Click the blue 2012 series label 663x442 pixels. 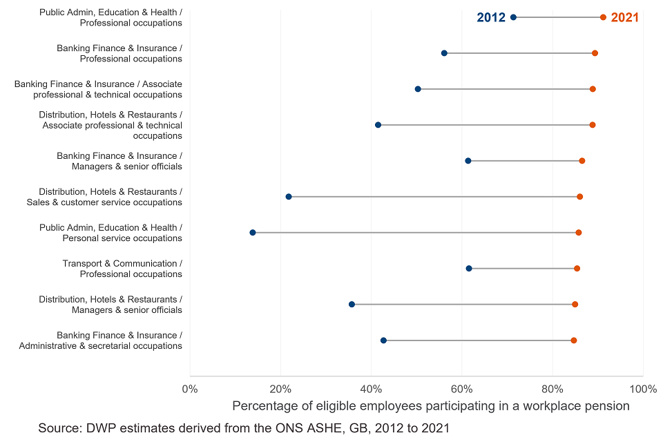(491, 17)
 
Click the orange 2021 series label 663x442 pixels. (625, 17)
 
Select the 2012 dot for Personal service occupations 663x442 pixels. (253, 233)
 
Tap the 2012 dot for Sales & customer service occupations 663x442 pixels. (289, 197)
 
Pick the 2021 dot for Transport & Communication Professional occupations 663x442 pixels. (577, 269)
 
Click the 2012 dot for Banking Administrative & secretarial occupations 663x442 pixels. (384, 340)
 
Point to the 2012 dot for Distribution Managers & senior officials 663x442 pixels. (352, 305)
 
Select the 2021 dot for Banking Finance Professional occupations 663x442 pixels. (595, 53)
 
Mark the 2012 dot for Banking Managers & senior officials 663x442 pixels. (468, 161)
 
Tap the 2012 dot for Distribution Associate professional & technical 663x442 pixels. (378, 125)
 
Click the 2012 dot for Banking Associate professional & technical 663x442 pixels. (418, 89)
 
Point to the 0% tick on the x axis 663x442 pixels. (189, 388)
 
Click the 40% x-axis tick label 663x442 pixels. (372, 388)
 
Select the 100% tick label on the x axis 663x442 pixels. (643, 388)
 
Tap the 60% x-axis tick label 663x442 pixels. (462, 388)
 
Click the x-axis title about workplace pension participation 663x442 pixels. (431, 406)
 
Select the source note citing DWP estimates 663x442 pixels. (244, 428)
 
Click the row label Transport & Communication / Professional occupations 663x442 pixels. (122, 269)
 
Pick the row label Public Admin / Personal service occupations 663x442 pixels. (110, 233)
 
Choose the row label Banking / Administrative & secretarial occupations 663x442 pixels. (101, 340)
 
